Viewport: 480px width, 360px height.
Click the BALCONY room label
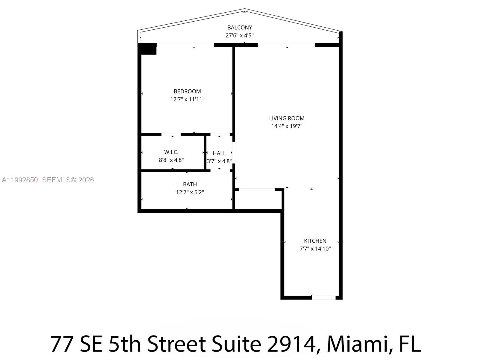click(239, 28)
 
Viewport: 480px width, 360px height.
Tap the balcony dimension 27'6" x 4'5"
click(239, 35)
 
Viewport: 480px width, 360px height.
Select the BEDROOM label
click(187, 91)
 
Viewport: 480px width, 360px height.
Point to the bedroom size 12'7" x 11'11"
click(187, 99)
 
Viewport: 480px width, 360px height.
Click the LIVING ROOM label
click(286, 118)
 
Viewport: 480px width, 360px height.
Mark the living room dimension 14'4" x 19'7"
click(286, 126)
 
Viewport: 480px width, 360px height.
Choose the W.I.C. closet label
click(171, 152)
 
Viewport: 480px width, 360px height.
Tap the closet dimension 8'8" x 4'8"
click(171, 160)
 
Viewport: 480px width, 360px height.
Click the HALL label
click(219, 153)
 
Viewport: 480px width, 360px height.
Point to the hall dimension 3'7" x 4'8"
click(219, 161)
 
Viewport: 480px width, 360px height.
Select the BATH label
click(190, 184)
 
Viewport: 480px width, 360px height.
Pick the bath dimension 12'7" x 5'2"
click(190, 192)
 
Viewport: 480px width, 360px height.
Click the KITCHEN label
click(315, 241)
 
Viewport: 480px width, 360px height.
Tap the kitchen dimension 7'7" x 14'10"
click(315, 249)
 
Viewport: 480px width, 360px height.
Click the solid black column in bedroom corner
click(148, 49)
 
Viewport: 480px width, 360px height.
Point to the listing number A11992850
click(20, 180)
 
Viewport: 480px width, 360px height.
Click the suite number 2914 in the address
click(290, 344)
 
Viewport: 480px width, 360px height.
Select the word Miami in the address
click(356, 344)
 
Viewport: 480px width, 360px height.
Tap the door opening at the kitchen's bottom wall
click(324, 298)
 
